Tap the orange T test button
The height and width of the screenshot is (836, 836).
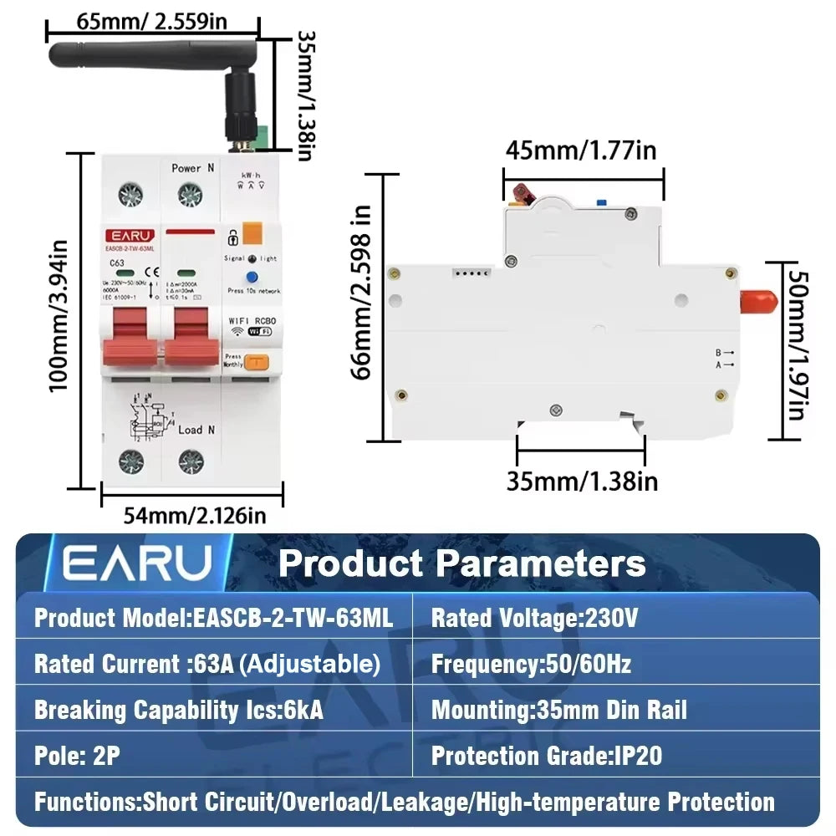coord(257,362)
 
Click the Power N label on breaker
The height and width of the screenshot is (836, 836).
coord(192,168)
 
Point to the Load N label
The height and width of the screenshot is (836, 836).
coord(198,430)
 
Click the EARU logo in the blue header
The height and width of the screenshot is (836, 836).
coord(138,563)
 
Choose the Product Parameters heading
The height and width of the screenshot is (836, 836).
coord(461,563)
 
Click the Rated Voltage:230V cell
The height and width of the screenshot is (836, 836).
coord(535,619)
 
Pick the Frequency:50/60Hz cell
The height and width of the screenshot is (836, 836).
coord(531,665)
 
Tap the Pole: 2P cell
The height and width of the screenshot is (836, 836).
coord(77,757)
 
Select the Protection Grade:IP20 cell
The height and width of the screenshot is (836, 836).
coord(547,757)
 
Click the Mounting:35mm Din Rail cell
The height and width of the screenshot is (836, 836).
coord(558,711)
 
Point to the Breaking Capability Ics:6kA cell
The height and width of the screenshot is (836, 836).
coord(178,711)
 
